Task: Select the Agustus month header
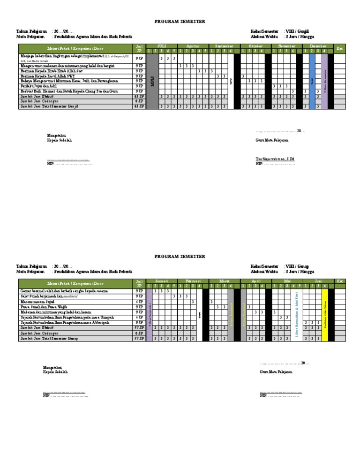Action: point(193,46)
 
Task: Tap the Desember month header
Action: point(318,46)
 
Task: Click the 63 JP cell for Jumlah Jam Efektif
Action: point(139,96)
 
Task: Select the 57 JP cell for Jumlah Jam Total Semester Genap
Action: point(139,338)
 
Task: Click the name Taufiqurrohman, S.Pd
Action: point(275,159)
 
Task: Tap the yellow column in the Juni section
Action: point(325,312)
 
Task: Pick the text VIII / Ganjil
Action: point(297,31)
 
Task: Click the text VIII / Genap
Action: point(297,266)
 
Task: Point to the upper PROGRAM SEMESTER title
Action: point(180,22)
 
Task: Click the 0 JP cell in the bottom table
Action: point(139,333)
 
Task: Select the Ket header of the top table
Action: point(340,49)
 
